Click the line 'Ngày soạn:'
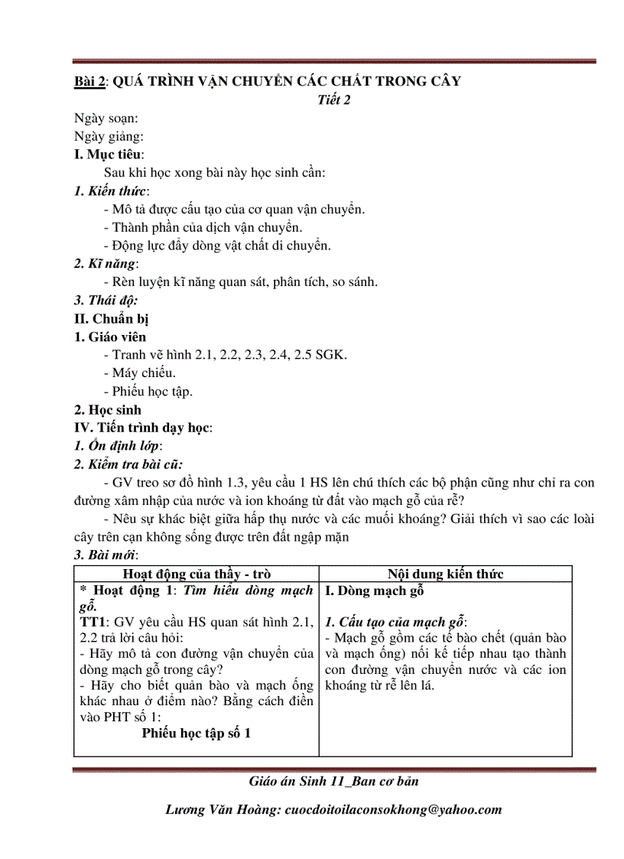(x=106, y=118)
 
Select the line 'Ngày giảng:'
(x=109, y=136)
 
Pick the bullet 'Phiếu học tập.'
(x=148, y=392)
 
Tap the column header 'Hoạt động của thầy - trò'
(x=197, y=574)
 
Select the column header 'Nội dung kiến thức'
(x=445, y=574)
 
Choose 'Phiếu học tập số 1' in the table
(x=197, y=733)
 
